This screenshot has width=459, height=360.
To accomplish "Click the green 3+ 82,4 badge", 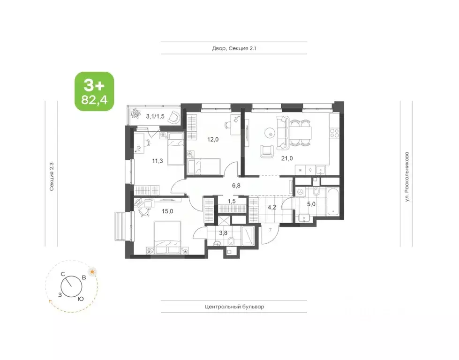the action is [94, 91].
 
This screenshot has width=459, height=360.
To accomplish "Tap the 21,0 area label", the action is [287, 158].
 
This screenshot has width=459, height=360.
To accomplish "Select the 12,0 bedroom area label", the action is [213, 139].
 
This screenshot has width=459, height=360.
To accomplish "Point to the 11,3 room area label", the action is [158, 161].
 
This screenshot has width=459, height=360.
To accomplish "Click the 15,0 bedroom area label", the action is [167, 211].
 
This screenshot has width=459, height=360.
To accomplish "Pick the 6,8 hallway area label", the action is [236, 185].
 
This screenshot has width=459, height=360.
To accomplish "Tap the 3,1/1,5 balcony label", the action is [155, 116].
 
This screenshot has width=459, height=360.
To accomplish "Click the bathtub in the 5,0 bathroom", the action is [333, 202].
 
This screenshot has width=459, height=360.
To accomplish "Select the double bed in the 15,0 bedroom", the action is [167, 237].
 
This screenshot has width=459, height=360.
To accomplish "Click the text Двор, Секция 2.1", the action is [234, 48].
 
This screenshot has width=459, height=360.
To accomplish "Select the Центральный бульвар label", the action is [234, 307].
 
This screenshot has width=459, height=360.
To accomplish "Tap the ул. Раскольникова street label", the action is [406, 177].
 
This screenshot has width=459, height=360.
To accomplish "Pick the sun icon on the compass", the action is [93, 272].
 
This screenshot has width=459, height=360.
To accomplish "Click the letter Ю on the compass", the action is [81, 299].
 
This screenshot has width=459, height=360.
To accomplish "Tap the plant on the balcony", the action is [136, 113].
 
